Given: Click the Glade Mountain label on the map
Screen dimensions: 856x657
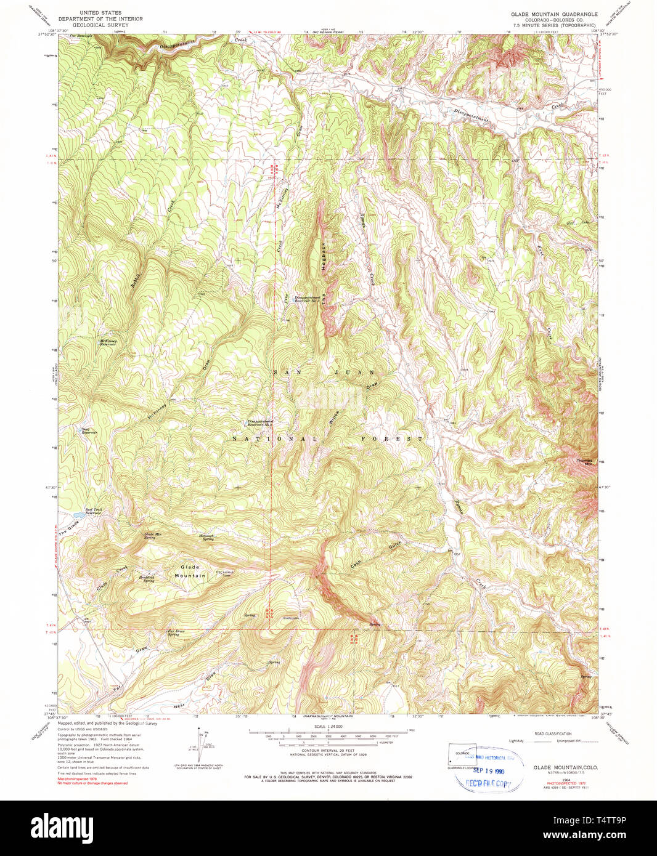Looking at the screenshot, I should click(190, 571).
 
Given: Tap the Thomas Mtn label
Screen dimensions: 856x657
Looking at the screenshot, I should click(584, 462).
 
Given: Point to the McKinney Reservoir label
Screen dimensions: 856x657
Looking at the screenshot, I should click(108, 342).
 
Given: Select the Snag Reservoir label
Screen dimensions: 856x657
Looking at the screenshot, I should click(89, 431).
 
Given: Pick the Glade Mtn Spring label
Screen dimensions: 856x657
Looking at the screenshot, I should click(153, 536).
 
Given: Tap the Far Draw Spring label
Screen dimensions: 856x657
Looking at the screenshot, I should click(174, 632).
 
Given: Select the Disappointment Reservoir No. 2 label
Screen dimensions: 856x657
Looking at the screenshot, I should click(259, 423).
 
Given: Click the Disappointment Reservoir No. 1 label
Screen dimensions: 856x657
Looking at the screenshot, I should click(303, 299).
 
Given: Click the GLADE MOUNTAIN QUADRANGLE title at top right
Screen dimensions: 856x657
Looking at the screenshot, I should click(553, 14).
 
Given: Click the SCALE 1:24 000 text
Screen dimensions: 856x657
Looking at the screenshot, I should click(328, 727).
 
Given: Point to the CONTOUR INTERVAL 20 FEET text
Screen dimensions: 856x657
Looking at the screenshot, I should click(328, 749).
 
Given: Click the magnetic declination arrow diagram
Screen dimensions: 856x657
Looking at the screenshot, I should click(199, 746).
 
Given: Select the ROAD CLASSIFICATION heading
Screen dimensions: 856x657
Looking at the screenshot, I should click(553, 733).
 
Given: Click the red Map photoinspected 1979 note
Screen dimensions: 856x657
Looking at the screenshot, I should click(78, 779).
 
